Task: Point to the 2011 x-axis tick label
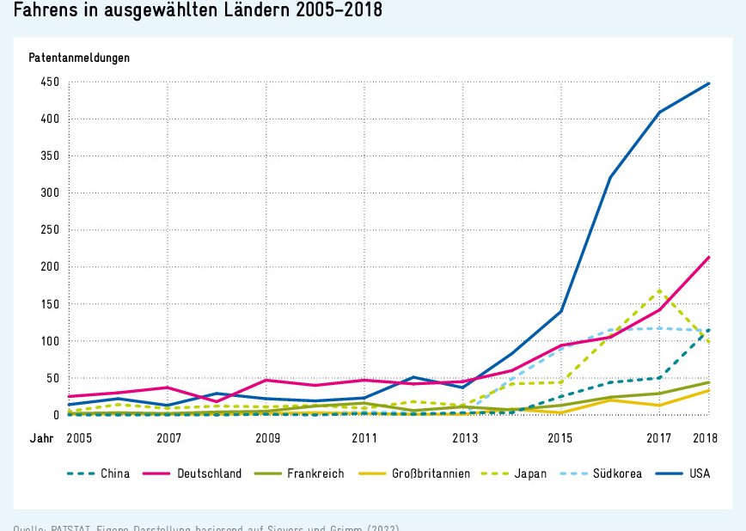(x=365, y=438)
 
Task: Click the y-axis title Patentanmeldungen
(x=79, y=58)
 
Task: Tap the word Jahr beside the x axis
(x=41, y=438)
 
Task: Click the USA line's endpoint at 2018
(x=709, y=83)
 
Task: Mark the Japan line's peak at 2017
(x=659, y=290)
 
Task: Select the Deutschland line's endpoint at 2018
(x=709, y=257)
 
